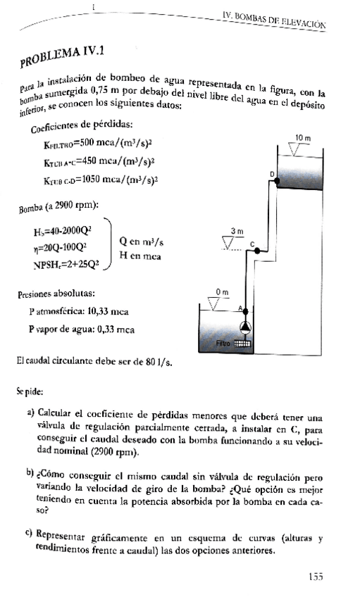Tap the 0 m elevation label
221,292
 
